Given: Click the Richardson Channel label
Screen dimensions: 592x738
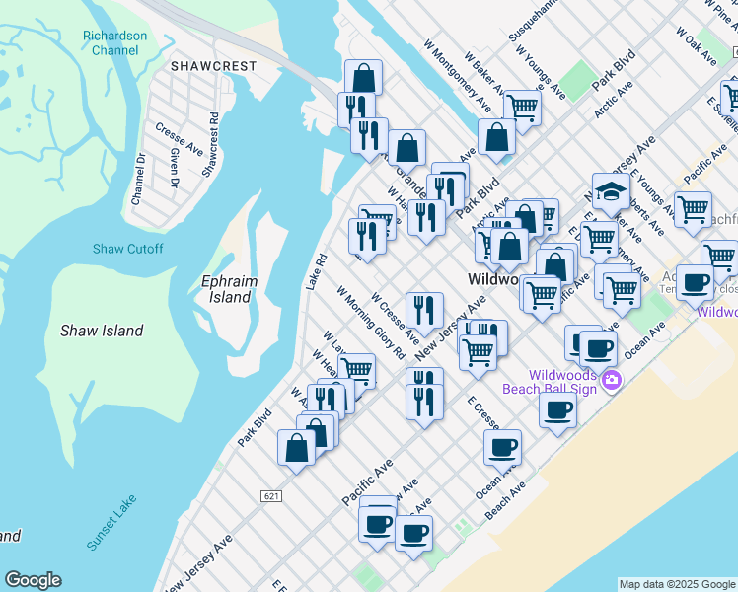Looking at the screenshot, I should click(115, 42).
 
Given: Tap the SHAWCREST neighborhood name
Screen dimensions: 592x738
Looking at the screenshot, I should click(213, 66).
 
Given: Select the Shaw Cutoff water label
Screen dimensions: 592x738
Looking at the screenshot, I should click(128, 249).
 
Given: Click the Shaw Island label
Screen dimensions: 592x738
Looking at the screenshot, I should click(101, 331).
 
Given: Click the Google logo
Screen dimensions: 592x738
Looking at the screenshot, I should click(33, 580).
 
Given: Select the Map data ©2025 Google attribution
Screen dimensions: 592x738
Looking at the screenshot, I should click(676, 584).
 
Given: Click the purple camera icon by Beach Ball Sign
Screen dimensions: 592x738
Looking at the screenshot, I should click(612, 381).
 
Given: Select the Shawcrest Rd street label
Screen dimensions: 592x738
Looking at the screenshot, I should click(210, 145).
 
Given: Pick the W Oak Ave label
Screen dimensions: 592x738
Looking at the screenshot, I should click(696, 46).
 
